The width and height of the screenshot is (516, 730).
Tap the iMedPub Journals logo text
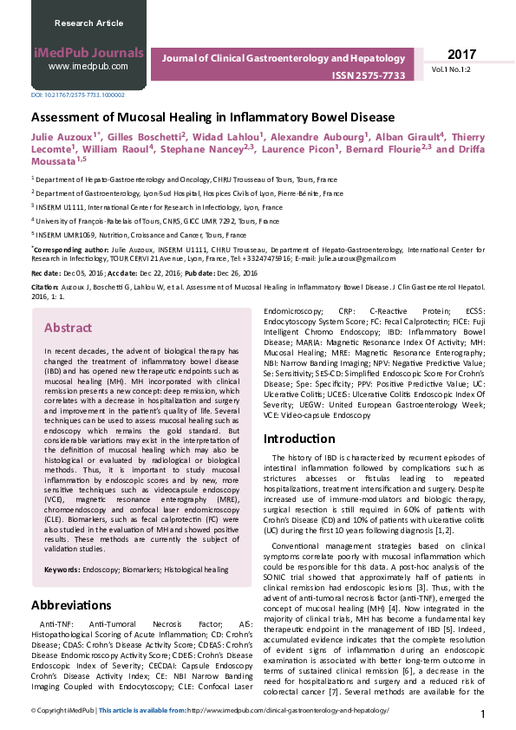click(88, 51)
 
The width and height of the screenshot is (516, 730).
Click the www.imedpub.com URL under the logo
click(88, 66)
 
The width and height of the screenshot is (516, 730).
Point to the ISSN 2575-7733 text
click(369, 75)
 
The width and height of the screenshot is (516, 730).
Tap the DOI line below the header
click(78, 95)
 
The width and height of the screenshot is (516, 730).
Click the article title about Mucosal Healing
click(213, 116)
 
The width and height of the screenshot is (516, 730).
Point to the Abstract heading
click(69, 329)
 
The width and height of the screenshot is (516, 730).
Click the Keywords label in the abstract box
click(62, 570)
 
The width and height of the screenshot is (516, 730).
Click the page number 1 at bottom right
click(483, 714)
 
